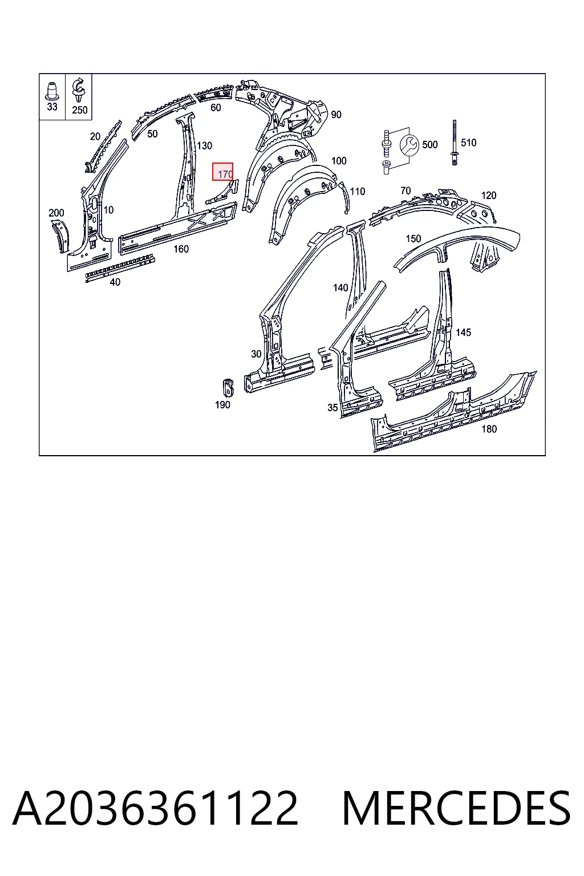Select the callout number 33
[x=52, y=107]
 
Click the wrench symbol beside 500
[x=409, y=145]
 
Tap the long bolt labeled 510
[x=454, y=143]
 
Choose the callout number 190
[x=222, y=405]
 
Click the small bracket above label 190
[x=228, y=387]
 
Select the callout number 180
[x=489, y=429]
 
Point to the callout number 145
[x=464, y=332]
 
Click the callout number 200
[x=56, y=213]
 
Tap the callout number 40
[x=115, y=282]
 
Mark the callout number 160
[x=181, y=249]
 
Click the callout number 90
[x=336, y=115]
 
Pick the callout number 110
[x=358, y=191]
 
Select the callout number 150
[x=413, y=238]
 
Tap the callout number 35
[x=332, y=408]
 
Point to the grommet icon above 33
[x=52, y=91]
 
